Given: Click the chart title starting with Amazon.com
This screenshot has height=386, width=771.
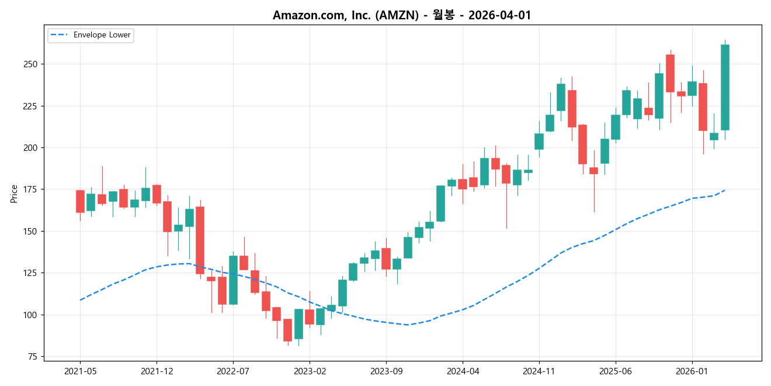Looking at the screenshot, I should click(x=402, y=15).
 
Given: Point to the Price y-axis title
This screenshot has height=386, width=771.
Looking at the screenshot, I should click(x=14, y=194).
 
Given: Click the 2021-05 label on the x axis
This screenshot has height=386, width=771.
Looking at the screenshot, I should click(x=80, y=371).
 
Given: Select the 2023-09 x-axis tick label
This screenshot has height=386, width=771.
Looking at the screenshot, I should click(x=386, y=371).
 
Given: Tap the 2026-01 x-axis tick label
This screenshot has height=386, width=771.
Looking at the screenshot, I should click(x=692, y=371).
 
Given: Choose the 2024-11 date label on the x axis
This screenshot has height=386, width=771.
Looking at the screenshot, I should click(x=539, y=371).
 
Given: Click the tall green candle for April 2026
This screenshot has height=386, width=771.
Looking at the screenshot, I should click(x=725, y=87).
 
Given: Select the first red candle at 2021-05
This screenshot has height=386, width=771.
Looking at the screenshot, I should click(x=80, y=201).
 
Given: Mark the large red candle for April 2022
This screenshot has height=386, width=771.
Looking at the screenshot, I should click(x=200, y=240).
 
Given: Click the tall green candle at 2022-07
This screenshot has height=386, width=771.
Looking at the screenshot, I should click(x=233, y=280).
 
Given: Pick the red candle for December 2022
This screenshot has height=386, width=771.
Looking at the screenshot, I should click(x=288, y=330).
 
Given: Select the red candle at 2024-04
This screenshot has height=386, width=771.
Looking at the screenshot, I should click(x=463, y=184).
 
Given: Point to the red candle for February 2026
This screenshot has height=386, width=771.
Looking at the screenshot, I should click(x=703, y=106).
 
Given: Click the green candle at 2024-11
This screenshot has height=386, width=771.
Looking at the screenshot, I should click(x=539, y=142).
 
